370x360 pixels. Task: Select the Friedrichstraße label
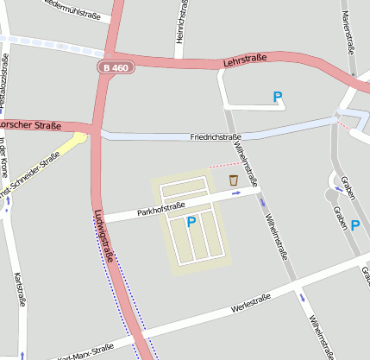pos(215,137)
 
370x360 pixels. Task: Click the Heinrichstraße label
pos(181,26)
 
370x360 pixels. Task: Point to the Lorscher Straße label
pos(30,125)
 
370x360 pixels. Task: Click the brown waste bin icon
pos(233,180)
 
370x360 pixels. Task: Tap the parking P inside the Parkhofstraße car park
pos(191,222)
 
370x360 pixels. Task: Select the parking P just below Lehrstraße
pos(278,98)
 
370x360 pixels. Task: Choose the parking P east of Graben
pos(354,224)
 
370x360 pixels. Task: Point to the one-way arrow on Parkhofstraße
pos(238,194)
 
